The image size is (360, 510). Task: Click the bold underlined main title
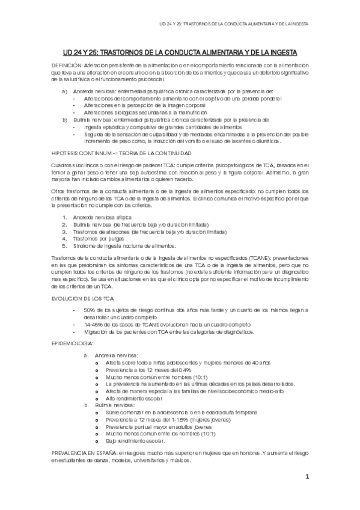tap(180, 53)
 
